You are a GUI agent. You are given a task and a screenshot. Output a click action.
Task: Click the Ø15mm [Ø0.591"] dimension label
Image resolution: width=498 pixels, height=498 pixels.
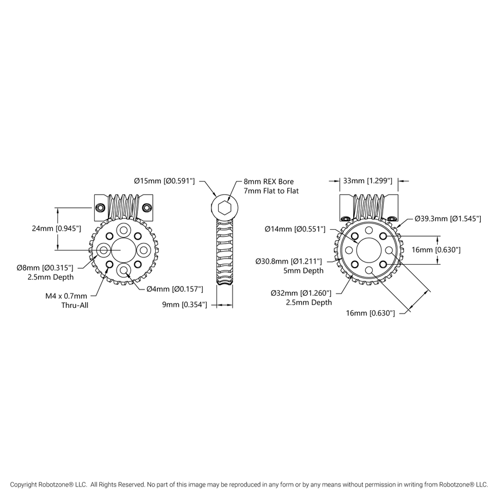tap(164, 181)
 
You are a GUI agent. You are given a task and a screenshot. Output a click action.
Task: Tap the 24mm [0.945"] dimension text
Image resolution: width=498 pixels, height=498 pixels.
tap(56, 229)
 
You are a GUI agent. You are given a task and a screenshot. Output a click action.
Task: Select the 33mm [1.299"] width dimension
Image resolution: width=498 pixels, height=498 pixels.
tap(368, 181)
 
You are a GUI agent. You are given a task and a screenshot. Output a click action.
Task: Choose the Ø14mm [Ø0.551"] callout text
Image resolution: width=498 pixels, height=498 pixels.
tap(295, 229)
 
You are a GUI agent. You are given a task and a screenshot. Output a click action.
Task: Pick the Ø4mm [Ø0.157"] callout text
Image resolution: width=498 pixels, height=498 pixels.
tap(175, 288)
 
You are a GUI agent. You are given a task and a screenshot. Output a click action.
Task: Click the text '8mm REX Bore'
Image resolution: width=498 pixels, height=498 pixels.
tap(268, 181)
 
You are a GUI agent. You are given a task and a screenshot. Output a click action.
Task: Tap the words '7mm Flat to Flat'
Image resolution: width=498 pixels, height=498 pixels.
tap(271, 191)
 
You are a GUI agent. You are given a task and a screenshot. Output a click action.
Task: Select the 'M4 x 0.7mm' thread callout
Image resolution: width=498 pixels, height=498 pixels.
tap(66, 296)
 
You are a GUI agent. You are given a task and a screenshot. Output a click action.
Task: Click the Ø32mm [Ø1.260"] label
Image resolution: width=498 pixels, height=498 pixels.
tap(302, 293)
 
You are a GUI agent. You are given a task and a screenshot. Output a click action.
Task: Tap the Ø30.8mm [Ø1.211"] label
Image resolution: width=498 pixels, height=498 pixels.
tap(289, 261)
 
